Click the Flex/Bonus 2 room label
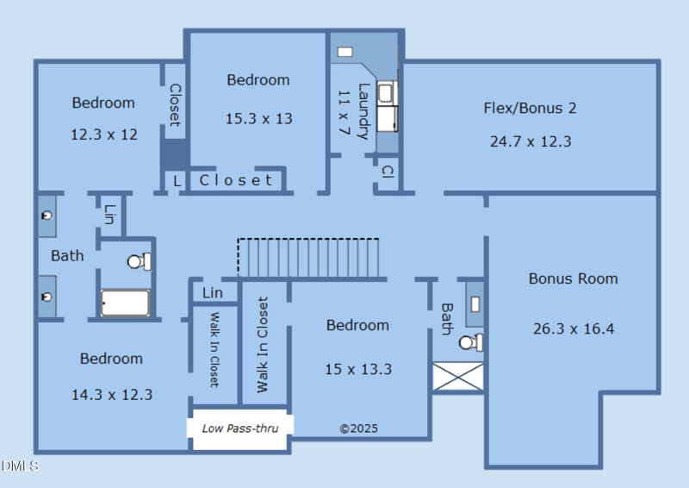530,108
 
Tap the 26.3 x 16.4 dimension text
574,328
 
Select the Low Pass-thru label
239,428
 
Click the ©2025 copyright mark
358,428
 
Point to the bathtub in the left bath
126,303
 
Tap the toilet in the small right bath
470,342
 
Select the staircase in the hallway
308,259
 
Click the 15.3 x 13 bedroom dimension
258,118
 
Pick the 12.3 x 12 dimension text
103,135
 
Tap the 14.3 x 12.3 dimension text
112,395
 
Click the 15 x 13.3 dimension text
358,369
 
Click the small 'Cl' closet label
387,172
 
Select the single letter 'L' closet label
177,181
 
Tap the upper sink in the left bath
47,215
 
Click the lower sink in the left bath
47,297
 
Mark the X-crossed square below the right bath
457,378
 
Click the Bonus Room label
574,278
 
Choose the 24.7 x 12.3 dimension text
531,141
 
